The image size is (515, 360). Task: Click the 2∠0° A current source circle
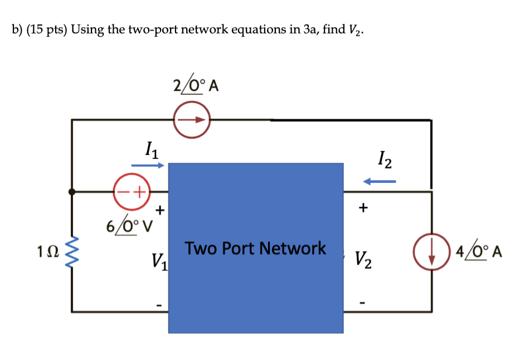(x=192, y=120)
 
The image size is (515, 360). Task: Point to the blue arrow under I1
(x=148, y=166)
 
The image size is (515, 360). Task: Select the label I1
(x=149, y=149)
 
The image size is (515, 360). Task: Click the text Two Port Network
(x=255, y=247)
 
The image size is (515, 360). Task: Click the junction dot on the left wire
(x=72, y=191)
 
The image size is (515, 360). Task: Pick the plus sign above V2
(x=363, y=208)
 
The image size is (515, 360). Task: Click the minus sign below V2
(x=363, y=304)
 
